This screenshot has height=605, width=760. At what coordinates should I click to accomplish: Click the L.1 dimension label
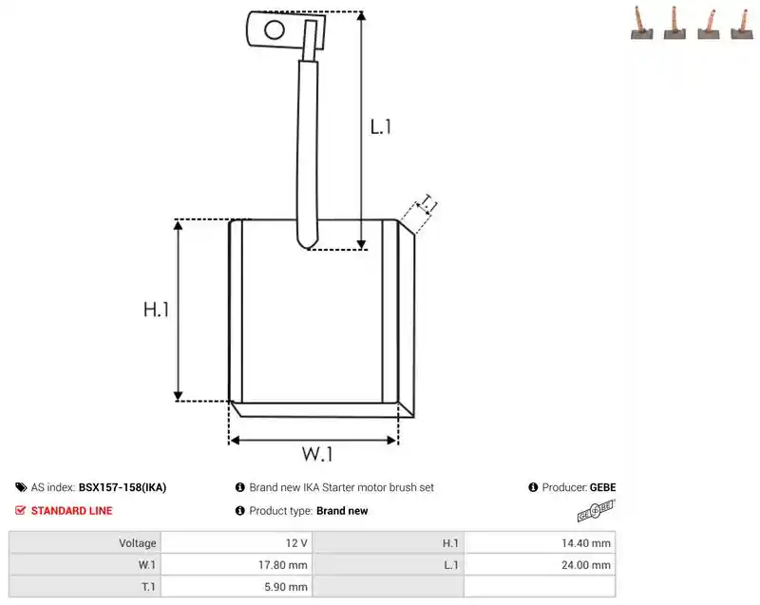pyautogui.click(x=381, y=127)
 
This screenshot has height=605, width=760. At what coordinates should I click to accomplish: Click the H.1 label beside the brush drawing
pyautogui.click(x=156, y=310)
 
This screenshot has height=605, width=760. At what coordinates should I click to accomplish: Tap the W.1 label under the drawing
pyautogui.click(x=317, y=454)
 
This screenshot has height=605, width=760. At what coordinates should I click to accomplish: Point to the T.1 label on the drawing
pyautogui.click(x=427, y=204)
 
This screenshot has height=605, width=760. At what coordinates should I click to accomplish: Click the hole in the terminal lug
pyautogui.click(x=275, y=30)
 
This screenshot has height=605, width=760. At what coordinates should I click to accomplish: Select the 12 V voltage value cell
pyautogui.click(x=237, y=543)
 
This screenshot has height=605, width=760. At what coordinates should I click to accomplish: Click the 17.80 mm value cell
pyautogui.click(x=237, y=565)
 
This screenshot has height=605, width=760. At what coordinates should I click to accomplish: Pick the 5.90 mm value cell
pyautogui.click(x=237, y=587)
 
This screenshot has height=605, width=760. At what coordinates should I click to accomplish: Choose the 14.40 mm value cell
pyautogui.click(x=540, y=543)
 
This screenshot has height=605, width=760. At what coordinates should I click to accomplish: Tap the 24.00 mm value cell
pyautogui.click(x=540, y=565)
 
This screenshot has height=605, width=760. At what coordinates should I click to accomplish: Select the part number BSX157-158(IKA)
pyautogui.click(x=123, y=487)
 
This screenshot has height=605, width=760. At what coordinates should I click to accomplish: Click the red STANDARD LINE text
pyautogui.click(x=72, y=511)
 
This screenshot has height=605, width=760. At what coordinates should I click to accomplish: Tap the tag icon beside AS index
pyautogui.click(x=21, y=487)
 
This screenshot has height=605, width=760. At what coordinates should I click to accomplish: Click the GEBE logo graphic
pyautogui.click(x=596, y=511)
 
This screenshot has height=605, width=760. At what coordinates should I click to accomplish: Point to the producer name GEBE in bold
pyautogui.click(x=603, y=487)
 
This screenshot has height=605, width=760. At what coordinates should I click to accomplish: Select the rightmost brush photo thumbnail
pyautogui.click(x=742, y=24)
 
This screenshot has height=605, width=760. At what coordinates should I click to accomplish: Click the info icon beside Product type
pyautogui.click(x=240, y=511)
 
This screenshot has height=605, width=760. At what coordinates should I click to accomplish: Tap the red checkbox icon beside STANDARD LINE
pyautogui.click(x=20, y=511)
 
